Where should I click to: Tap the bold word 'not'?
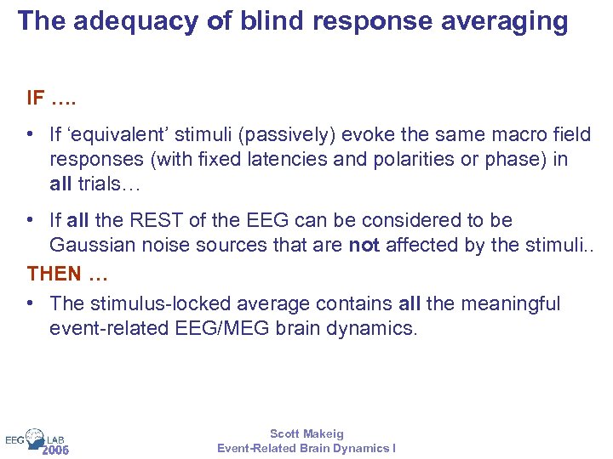[x=364, y=245]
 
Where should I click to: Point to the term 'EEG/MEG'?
[x=225, y=328]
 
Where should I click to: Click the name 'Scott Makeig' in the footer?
[x=306, y=433]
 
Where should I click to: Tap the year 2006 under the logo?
[x=54, y=450]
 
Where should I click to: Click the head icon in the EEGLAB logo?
[x=35, y=438]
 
